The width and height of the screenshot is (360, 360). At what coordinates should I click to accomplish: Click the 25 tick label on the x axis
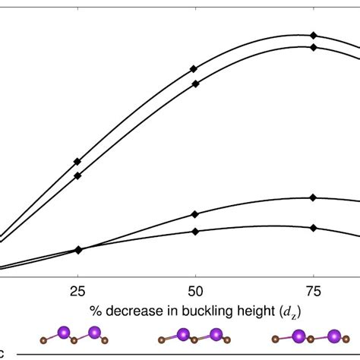(77, 291)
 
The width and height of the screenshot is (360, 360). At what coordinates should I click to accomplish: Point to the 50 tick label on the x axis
(195, 291)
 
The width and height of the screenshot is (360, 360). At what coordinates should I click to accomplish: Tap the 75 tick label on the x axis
(313, 291)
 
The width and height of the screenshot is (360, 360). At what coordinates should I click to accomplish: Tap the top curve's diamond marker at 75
(313, 36)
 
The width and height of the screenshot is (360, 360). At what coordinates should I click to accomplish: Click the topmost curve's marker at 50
(194, 69)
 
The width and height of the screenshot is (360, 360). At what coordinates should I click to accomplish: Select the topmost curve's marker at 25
(77, 162)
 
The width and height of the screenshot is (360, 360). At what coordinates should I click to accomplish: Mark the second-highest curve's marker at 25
(77, 175)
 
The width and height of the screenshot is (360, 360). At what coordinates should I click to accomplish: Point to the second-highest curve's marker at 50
(196, 84)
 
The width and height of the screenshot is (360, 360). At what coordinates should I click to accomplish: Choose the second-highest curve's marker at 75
(313, 47)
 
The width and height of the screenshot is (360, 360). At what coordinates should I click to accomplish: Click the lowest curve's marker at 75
(313, 228)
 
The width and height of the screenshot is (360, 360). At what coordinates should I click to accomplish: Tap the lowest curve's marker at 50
(195, 232)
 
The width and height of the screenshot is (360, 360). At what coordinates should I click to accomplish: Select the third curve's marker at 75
(313, 198)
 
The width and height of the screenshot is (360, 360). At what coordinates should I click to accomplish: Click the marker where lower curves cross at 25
(78, 249)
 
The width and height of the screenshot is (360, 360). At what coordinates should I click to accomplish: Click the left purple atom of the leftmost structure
(65, 333)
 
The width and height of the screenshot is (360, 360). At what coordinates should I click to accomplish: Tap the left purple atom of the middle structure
(183, 333)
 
